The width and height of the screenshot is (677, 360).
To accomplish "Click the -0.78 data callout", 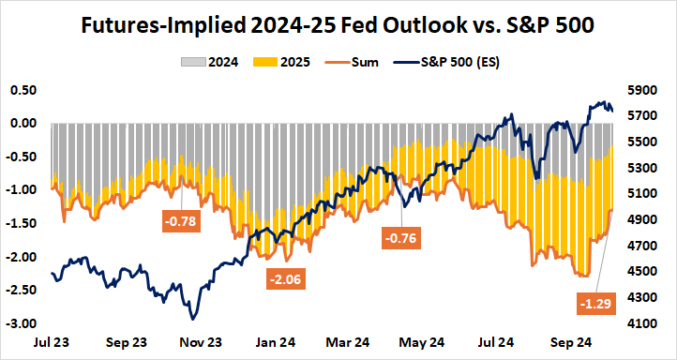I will tap(181, 222).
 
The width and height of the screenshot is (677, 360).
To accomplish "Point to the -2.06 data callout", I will tap(286, 278).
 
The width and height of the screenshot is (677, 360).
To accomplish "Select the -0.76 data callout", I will tap(401, 238).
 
